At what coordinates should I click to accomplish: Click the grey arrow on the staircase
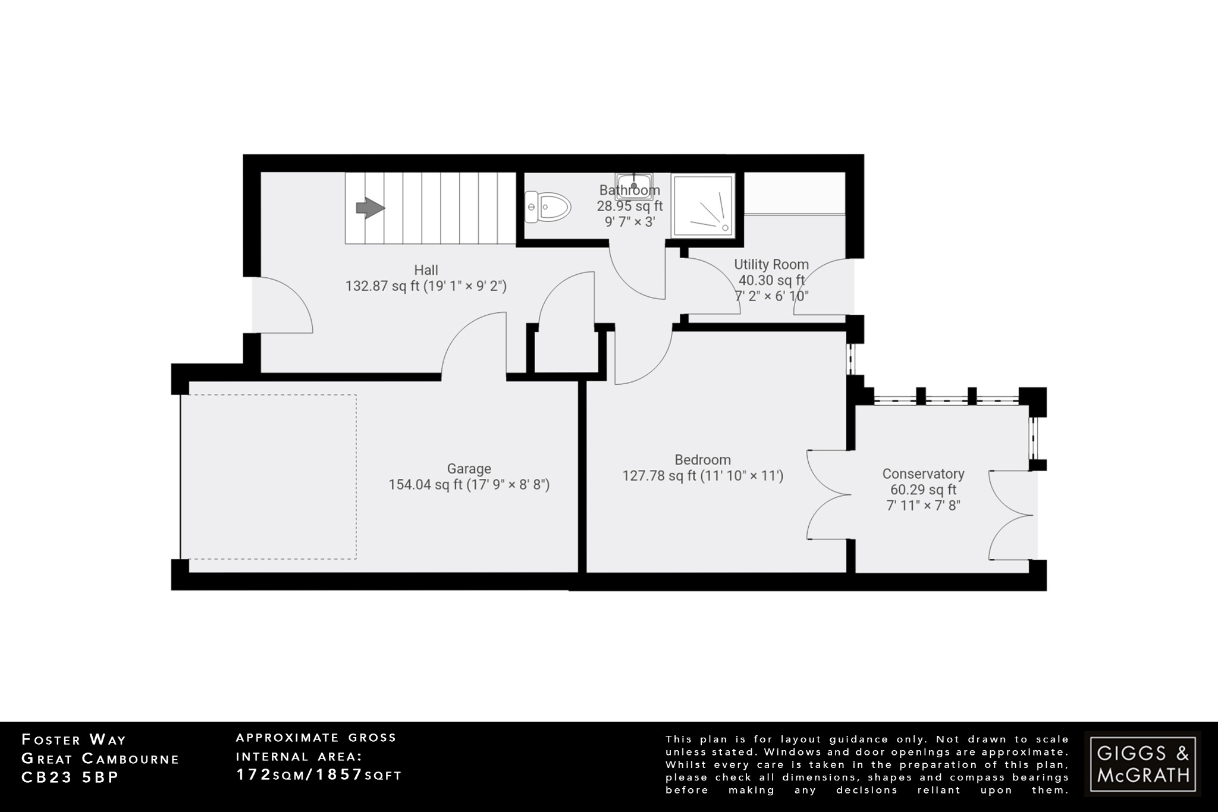click(370, 208)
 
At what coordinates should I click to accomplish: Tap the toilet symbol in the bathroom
click(548, 207)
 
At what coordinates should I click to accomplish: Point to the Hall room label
click(426, 270)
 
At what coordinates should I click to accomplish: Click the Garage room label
click(469, 469)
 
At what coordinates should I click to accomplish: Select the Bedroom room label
click(702, 460)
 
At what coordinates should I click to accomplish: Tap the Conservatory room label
click(923, 474)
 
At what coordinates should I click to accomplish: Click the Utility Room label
click(771, 264)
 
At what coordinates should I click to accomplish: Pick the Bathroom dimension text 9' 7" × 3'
click(630, 222)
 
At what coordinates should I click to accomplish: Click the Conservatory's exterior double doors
click(1011, 515)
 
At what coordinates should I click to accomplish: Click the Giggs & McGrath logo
click(1142, 764)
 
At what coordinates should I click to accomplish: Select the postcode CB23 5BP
click(70, 777)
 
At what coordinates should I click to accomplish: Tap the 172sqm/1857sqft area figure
click(319, 775)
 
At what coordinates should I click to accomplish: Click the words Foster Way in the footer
click(74, 740)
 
